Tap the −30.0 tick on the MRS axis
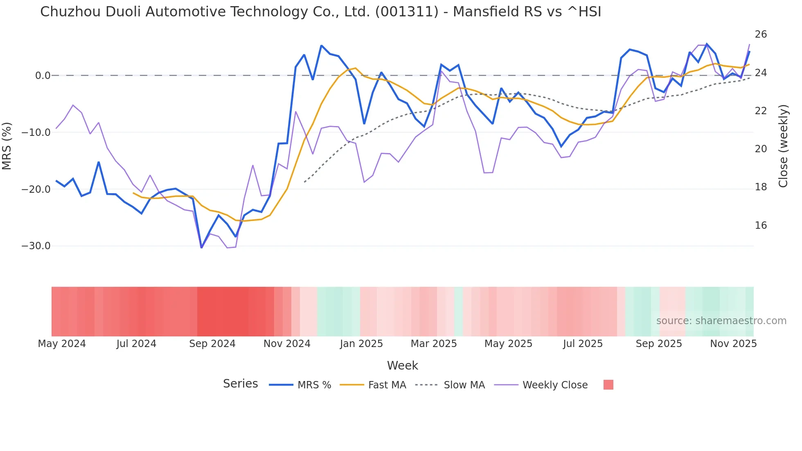36,246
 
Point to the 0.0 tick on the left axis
43,76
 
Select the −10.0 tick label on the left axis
36,133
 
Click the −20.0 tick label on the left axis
36,189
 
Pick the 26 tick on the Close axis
761,34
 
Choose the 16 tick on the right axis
761,226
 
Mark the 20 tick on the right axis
761,149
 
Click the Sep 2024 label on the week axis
212,344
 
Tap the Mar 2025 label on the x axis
434,344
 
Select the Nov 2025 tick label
733,344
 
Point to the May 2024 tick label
62,344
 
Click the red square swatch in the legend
608,385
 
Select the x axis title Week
402,365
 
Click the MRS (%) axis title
7,146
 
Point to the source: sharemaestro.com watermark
721,321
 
